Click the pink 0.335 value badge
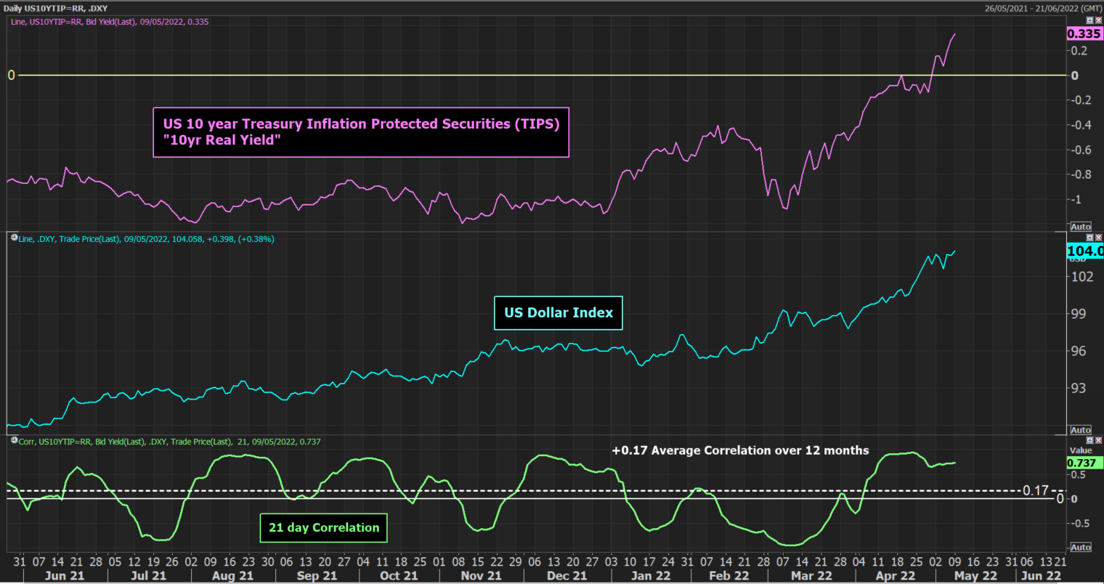[x=1084, y=34]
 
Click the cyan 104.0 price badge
[x=1084, y=251]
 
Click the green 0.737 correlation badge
[x=1081, y=463]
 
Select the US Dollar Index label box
[x=559, y=313]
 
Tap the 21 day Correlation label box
[x=324, y=528]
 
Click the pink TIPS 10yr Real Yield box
[x=361, y=132]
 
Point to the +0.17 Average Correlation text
[x=740, y=450]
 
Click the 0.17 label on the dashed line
[x=1035, y=491]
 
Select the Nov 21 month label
[x=482, y=575]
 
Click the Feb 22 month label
[x=728, y=575]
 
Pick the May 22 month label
[x=975, y=575]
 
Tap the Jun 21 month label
[x=65, y=575]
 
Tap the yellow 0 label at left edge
[x=11, y=76]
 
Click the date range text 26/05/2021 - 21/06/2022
[x=1042, y=8]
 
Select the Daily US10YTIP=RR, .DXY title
[x=56, y=8]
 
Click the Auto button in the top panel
[x=1081, y=227]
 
